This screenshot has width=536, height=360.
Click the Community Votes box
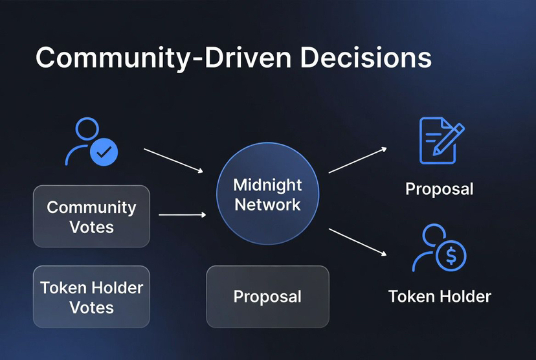(91, 217)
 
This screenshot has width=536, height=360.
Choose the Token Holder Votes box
(91, 297)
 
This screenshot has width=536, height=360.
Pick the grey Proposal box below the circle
(267, 297)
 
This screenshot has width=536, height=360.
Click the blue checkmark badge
(104, 153)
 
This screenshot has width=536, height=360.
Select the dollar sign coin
(451, 257)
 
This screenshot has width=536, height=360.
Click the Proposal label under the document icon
(439, 189)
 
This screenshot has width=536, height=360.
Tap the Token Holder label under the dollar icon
(439, 297)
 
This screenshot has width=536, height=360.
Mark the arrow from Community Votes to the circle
(182, 214)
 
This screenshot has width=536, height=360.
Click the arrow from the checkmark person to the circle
(173, 160)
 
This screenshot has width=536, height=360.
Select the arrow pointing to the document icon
(357, 160)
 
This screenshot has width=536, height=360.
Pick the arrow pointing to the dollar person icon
(357, 242)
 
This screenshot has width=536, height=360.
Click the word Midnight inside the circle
(267, 185)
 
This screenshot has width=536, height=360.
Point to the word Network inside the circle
(267, 205)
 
